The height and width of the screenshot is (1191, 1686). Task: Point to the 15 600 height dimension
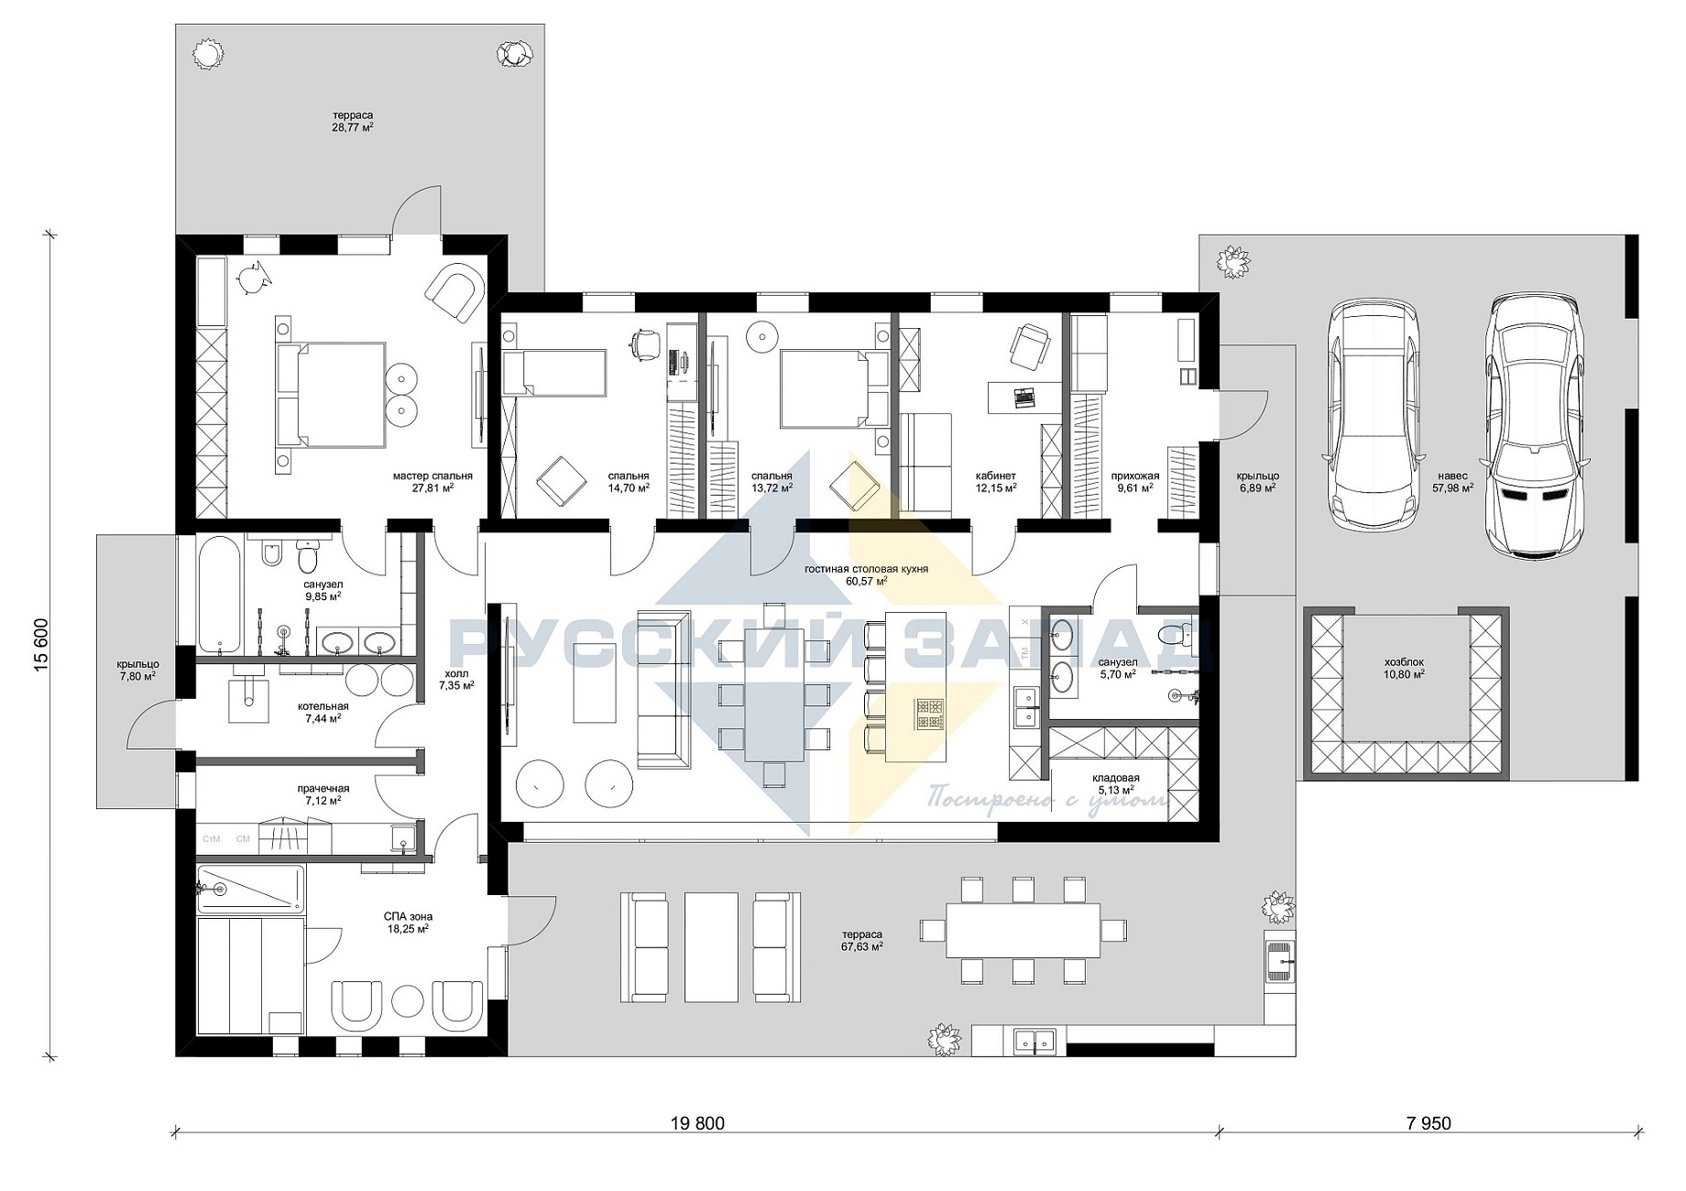pos(41,647)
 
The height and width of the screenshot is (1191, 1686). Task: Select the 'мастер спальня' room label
pos(432,475)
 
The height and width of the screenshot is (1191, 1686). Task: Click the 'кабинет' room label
pos(996,475)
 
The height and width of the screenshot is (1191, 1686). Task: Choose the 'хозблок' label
pos(1404,661)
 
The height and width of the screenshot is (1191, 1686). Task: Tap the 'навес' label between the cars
pos(1452,475)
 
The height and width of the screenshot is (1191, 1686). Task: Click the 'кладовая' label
pos(1116,777)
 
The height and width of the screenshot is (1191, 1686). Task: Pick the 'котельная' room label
pos(323,706)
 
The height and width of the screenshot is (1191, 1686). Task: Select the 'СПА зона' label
pos(408,916)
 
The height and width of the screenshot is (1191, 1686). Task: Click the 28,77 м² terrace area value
pos(353,127)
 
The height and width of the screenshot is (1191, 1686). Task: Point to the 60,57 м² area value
pos(866,581)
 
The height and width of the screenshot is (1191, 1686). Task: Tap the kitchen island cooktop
pos(930,715)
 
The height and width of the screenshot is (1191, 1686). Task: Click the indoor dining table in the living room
pos(774,694)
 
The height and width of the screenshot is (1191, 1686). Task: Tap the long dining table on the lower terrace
pos(1023,930)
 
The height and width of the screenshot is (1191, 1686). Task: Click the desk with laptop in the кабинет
pos(1024,397)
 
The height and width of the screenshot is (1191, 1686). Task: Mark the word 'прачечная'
pos(323,788)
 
